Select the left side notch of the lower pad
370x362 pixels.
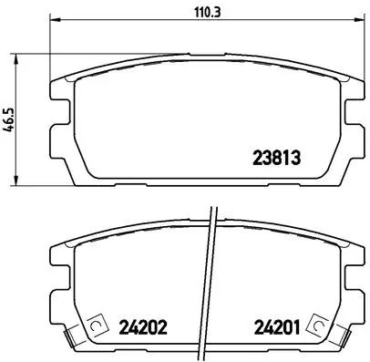click(x=58, y=284)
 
